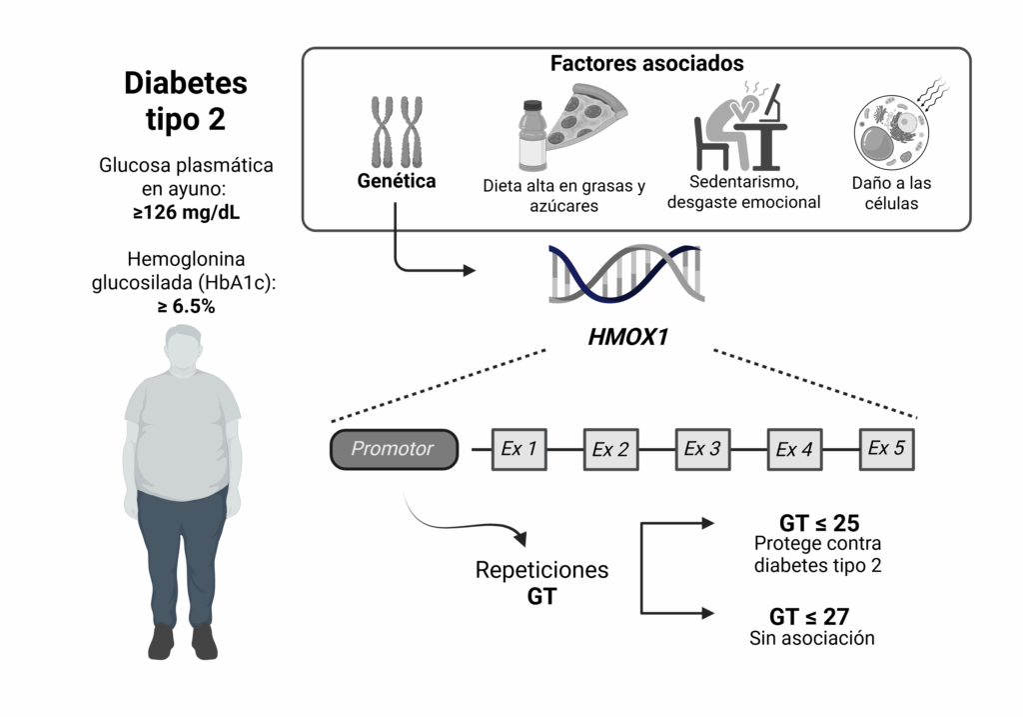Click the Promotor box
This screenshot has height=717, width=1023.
click(394, 449)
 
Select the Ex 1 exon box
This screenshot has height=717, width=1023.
click(519, 449)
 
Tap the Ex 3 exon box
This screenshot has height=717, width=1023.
click(702, 449)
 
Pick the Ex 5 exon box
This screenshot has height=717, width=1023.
click(886, 448)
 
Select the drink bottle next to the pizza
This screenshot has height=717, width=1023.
click(532, 135)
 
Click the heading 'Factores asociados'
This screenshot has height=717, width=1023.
click(646, 63)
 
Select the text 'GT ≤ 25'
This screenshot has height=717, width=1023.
click(819, 523)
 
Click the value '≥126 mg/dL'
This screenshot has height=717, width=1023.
click(186, 212)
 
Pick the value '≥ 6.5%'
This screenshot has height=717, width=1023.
click(186, 307)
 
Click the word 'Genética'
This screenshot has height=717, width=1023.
click(397, 182)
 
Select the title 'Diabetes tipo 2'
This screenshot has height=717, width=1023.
click(186, 100)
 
